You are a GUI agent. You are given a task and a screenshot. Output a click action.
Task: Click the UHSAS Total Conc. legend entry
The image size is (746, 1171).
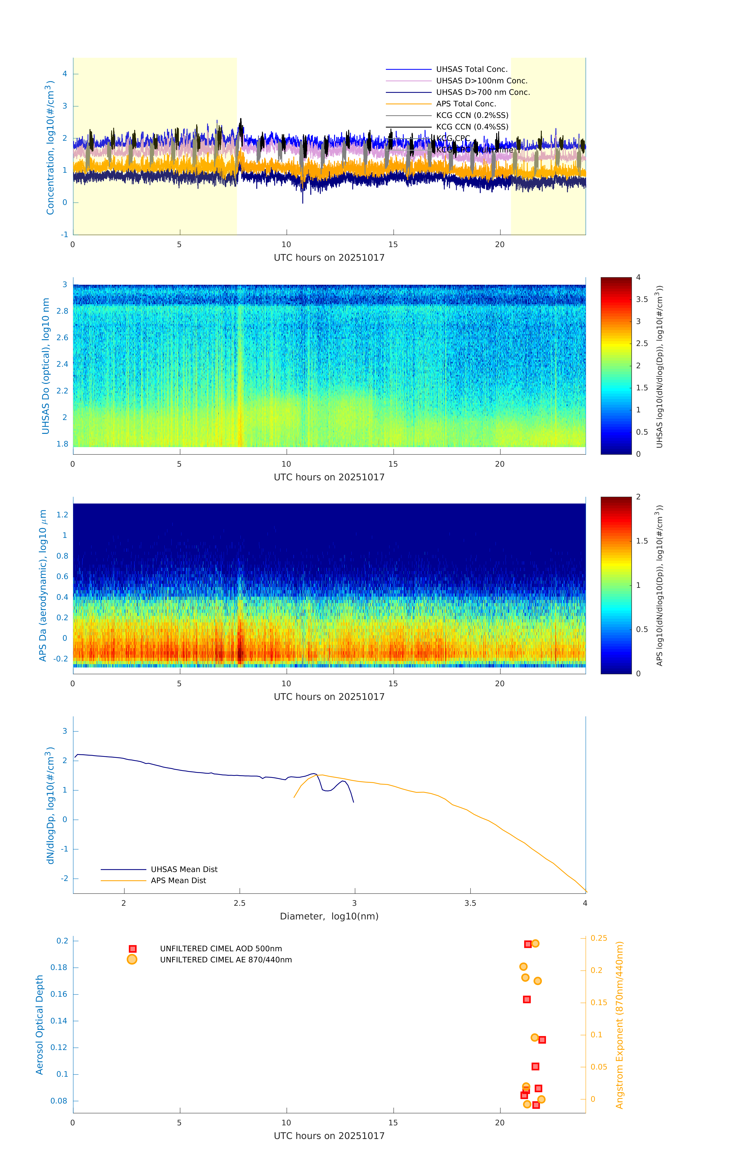[x=471, y=69]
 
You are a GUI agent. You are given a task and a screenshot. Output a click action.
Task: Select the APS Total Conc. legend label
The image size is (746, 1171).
[x=466, y=104]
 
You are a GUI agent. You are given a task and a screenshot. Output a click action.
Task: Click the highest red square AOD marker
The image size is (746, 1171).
[x=528, y=944]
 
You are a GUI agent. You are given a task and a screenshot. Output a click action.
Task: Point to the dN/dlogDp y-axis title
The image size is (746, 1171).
[x=50, y=806]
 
